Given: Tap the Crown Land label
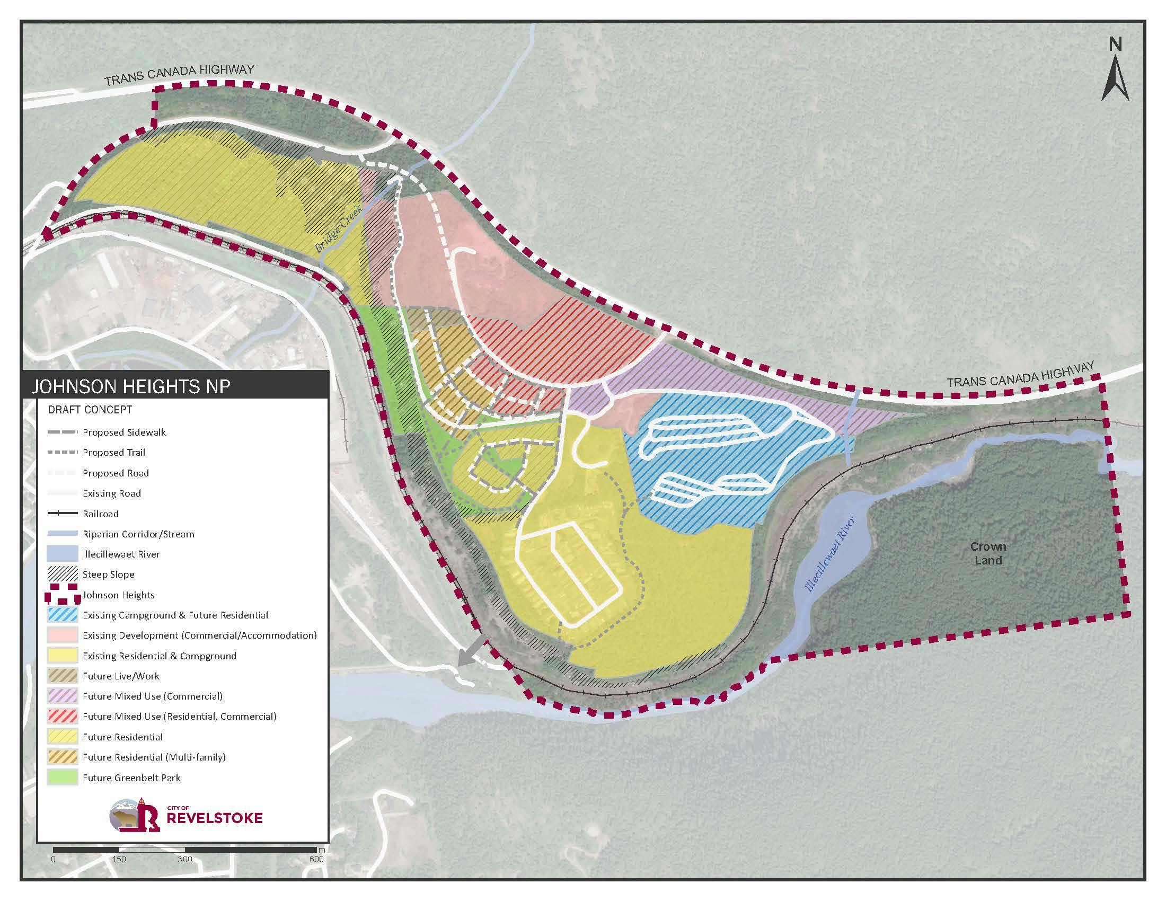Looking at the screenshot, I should pos(988,553).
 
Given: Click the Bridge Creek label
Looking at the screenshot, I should pos(338,229).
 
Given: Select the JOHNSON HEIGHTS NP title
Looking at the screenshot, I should pos(131,386).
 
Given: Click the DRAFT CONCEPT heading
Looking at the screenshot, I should pos(90,410).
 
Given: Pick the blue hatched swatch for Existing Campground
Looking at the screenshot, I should pos(62,615).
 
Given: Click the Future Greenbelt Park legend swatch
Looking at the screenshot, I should pos(62,778).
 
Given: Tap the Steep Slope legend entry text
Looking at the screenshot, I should pos(108,575).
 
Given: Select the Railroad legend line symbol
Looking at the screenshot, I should pos(62,514).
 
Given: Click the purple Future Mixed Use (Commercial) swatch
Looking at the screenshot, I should pos(62,696).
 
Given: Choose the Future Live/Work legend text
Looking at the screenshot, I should pos(121,676).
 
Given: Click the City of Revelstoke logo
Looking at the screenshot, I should pos(187,816).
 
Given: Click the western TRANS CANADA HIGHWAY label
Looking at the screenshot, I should pos(179,75).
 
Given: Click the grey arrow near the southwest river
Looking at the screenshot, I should pos(472,655).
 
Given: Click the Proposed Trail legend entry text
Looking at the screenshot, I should pos(114,453).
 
